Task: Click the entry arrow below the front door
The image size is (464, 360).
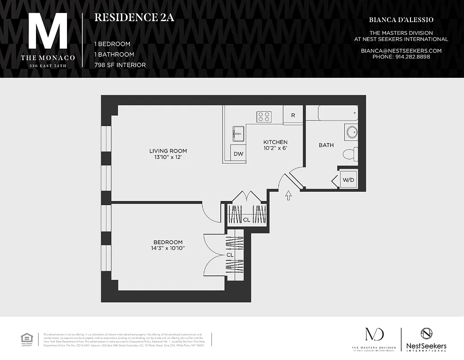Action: [288, 195]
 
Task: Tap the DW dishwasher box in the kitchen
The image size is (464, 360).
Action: [238, 154]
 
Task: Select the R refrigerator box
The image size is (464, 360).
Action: [293, 115]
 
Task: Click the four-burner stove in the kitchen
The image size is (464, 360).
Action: [264, 117]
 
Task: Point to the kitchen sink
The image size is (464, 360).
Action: [238, 133]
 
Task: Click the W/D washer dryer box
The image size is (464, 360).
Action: [348, 180]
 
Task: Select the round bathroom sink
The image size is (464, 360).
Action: [351, 132]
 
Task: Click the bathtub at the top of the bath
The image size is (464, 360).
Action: [338, 113]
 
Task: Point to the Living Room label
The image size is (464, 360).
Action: [168, 151]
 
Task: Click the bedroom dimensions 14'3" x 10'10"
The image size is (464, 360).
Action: [168, 248]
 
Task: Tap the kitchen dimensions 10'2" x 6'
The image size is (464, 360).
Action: [275, 148]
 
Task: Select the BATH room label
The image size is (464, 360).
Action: [326, 145]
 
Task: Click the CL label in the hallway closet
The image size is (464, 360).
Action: [246, 220]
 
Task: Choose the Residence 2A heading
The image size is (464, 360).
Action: [134, 18]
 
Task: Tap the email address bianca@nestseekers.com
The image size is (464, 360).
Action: [401, 51]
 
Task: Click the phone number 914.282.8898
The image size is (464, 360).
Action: [401, 57]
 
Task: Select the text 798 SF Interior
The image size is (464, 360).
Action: [120, 65]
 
